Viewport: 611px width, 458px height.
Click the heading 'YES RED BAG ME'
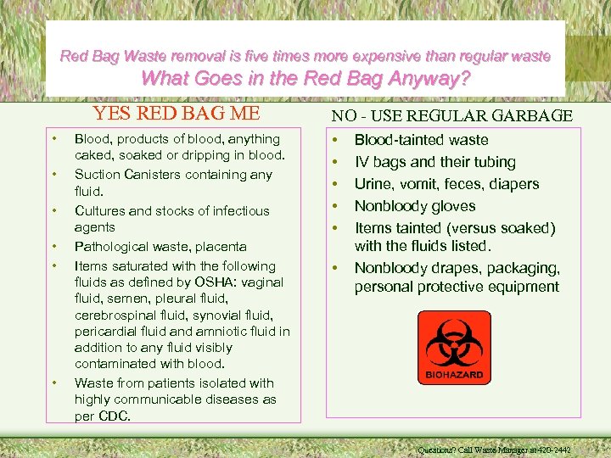(177, 114)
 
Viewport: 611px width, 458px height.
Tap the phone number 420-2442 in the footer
(551, 450)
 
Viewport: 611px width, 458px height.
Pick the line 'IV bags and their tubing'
(434, 162)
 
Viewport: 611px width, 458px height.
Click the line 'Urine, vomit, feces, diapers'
(446, 184)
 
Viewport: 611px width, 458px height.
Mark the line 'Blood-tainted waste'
(421, 140)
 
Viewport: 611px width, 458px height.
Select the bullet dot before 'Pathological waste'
(53, 247)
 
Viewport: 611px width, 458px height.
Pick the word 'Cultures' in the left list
(99, 211)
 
